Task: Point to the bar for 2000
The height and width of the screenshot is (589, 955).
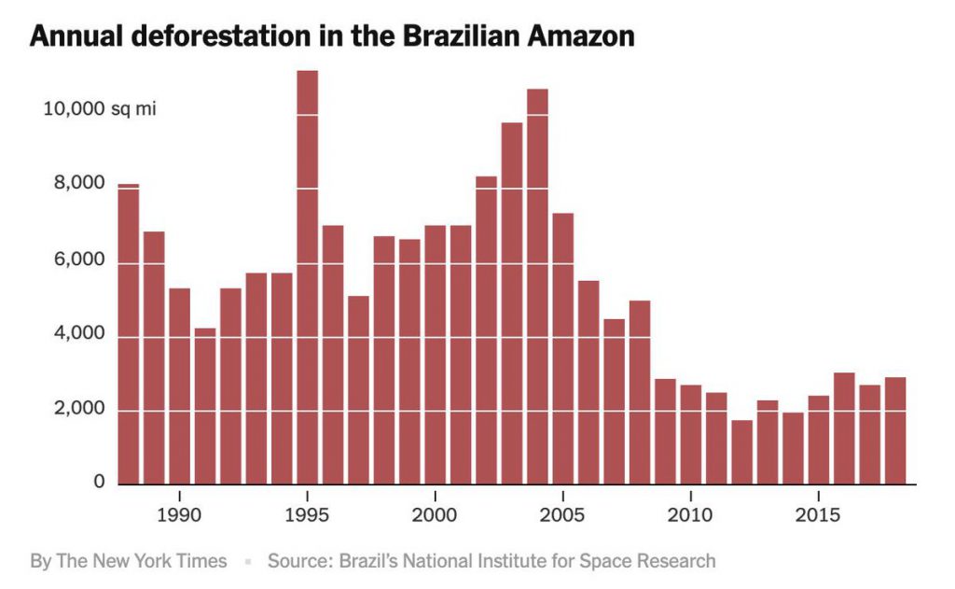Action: pyautogui.click(x=436, y=355)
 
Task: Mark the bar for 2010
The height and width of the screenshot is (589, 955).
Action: pyautogui.click(x=691, y=435)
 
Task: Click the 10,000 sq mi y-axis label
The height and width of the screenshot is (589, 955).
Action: pyautogui.click(x=99, y=109)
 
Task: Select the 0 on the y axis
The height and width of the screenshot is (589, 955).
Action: pyautogui.click(x=98, y=483)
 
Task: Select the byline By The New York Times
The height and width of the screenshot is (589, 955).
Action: pyautogui.click(x=129, y=561)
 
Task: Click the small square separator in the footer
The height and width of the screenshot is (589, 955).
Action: pyautogui.click(x=248, y=562)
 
